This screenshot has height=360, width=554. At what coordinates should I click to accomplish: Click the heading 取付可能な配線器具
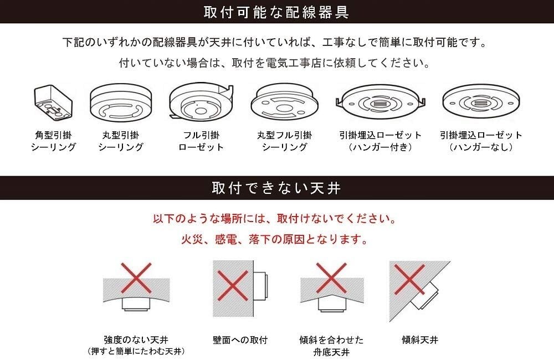[276, 12]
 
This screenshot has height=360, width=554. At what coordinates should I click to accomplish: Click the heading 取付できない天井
[276, 188]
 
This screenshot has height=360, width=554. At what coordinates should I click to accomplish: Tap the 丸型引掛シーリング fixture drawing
[120, 104]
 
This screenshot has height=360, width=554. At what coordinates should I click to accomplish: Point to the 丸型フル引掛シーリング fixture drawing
[284, 104]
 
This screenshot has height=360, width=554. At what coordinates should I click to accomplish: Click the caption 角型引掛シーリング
[53, 141]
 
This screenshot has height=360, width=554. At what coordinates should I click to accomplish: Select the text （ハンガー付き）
[380, 147]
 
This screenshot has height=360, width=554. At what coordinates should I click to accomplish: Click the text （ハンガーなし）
[481, 147]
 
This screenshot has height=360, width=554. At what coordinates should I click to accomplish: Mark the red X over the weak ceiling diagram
[136, 280]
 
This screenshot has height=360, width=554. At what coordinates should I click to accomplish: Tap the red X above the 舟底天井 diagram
[331, 277]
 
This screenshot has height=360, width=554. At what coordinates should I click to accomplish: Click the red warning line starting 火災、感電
[275, 241]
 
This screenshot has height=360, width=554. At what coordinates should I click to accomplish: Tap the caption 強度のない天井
[136, 340]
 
